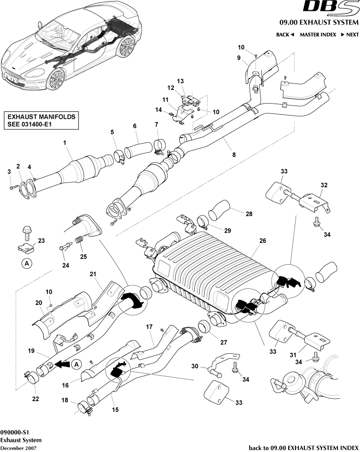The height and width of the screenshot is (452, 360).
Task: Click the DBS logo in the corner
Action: pyautogui.click(x=331, y=8)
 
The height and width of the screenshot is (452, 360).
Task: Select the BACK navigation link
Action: pyautogui.click(x=285, y=35)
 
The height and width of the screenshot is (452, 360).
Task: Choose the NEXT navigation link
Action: pyautogui.click(x=349, y=35)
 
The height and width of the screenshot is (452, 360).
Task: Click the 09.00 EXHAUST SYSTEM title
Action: pyautogui.click(x=318, y=22)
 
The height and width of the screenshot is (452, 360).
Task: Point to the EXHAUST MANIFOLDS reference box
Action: pyautogui.click(x=42, y=120)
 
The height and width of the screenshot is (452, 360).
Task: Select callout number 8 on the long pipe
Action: pyautogui.click(x=233, y=154)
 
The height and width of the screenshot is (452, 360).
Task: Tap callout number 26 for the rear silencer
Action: pyautogui.click(x=262, y=240)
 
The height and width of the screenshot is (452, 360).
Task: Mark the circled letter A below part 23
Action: pyautogui.click(x=26, y=263)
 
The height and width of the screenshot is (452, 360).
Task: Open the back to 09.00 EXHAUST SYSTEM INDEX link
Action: pyautogui.click(x=304, y=447)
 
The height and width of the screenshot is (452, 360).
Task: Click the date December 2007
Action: pyautogui.click(x=18, y=448)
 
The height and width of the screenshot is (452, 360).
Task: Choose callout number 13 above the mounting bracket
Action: pyautogui.click(x=180, y=81)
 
